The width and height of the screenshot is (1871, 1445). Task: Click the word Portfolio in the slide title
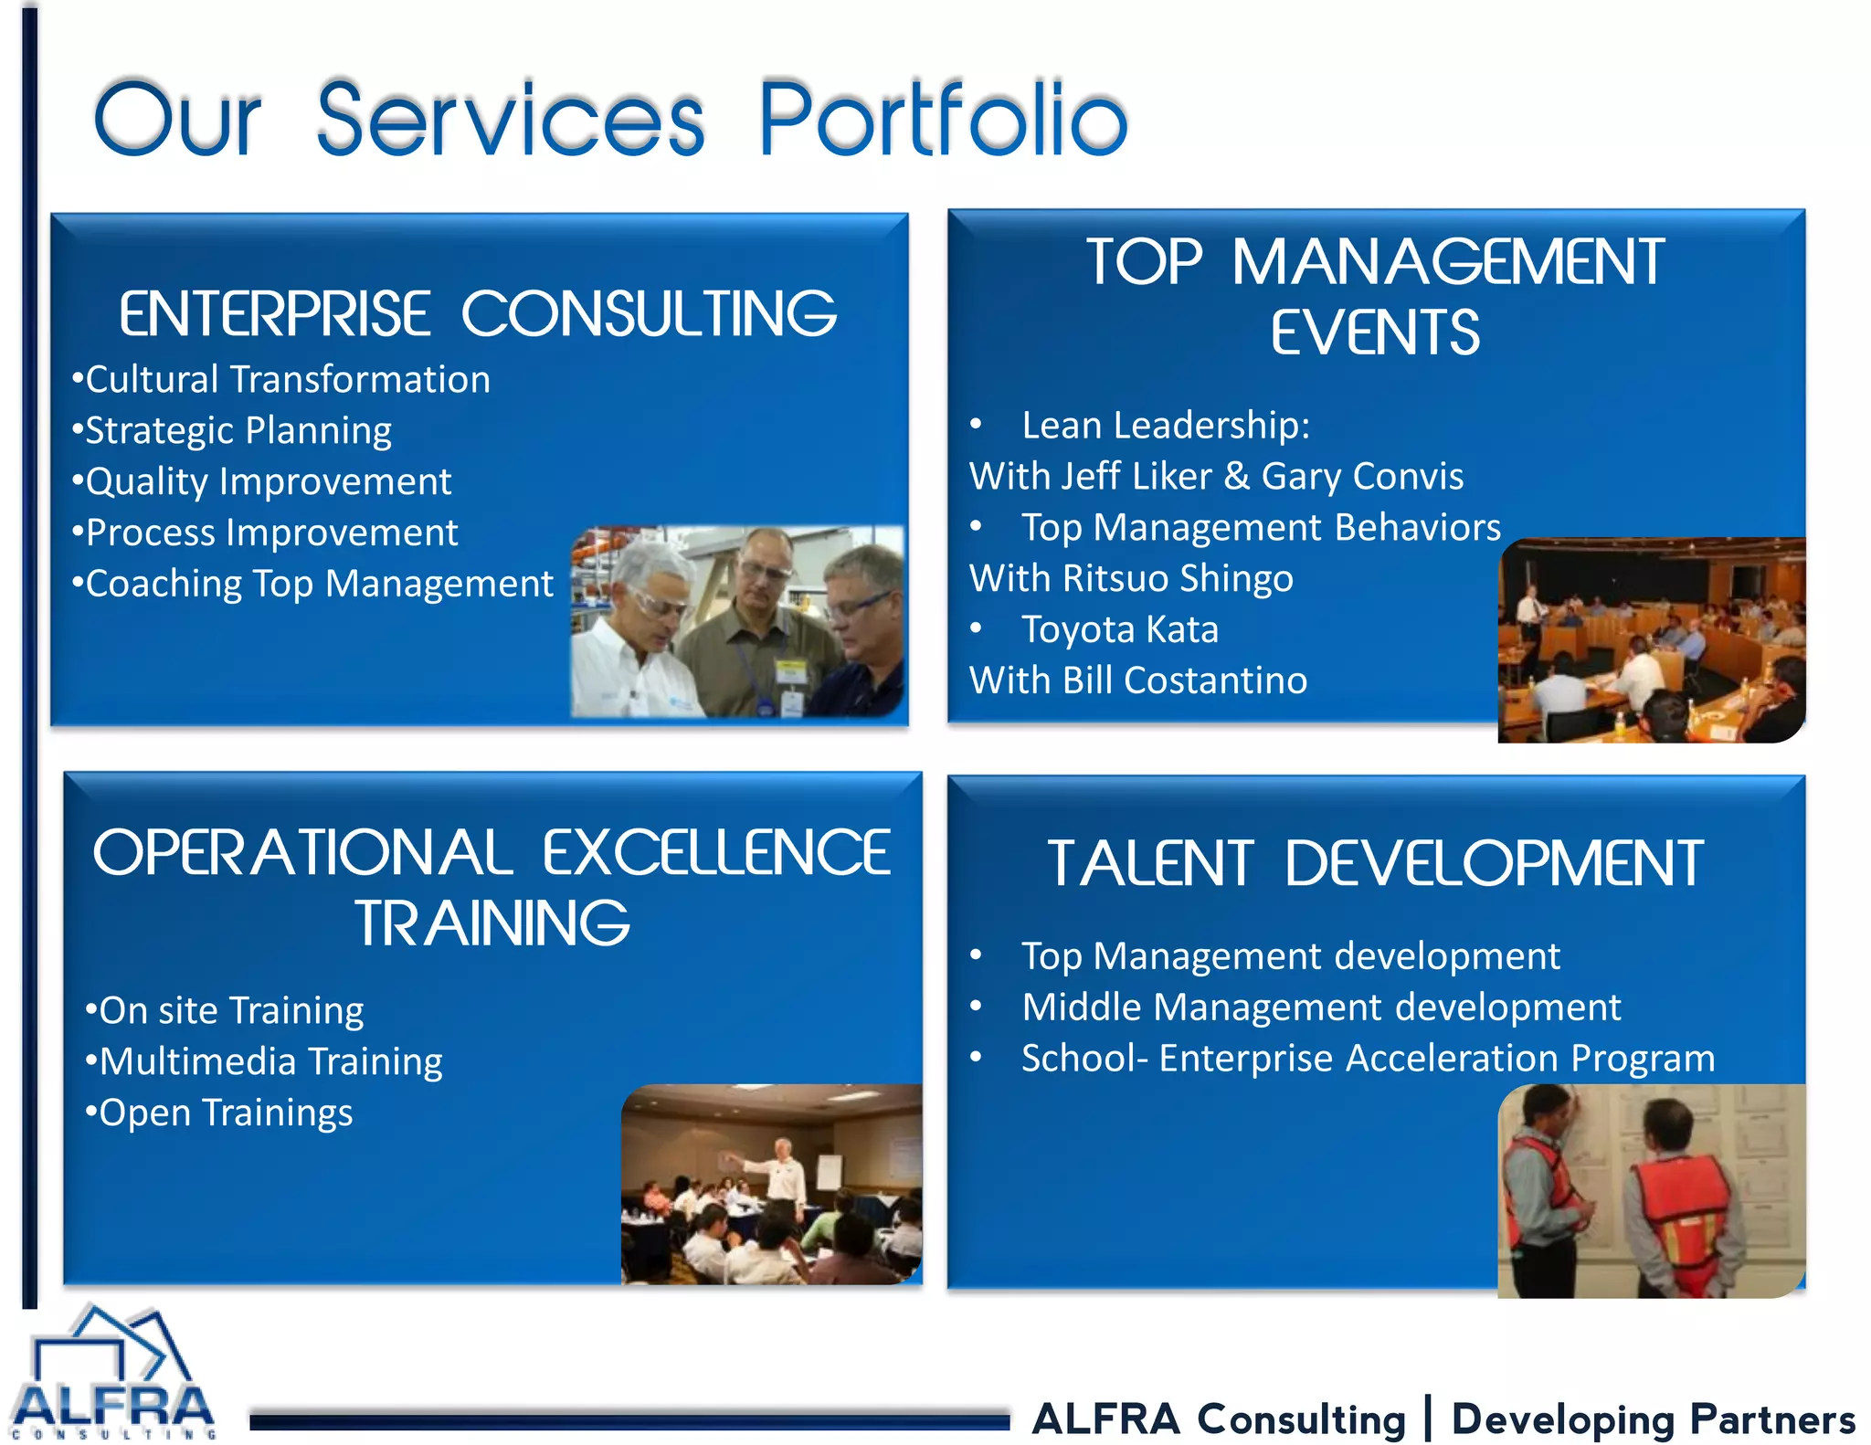point(943,119)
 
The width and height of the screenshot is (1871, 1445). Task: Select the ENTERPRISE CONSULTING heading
point(477,314)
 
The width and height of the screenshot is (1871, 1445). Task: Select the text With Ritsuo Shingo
point(1131,579)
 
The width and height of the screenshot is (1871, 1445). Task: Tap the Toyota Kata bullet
point(1119,630)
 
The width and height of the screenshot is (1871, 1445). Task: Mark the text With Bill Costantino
point(1138,681)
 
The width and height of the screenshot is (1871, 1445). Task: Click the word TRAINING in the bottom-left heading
point(492,923)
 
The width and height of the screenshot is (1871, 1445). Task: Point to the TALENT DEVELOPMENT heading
point(1375,864)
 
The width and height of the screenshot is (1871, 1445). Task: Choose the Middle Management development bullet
point(1320,1007)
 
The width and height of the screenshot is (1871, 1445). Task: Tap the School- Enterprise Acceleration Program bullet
point(1368,1059)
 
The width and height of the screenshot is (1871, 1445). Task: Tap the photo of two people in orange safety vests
point(1651,1190)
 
